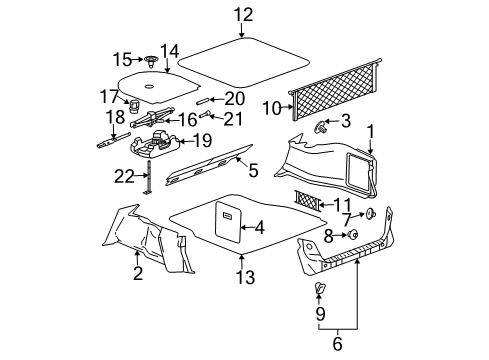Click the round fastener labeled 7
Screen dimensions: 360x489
pyautogui.click(x=372, y=242)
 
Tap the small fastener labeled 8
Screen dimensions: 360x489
pyautogui.click(x=352, y=262)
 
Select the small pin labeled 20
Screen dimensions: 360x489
pyautogui.click(x=203, y=100)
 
